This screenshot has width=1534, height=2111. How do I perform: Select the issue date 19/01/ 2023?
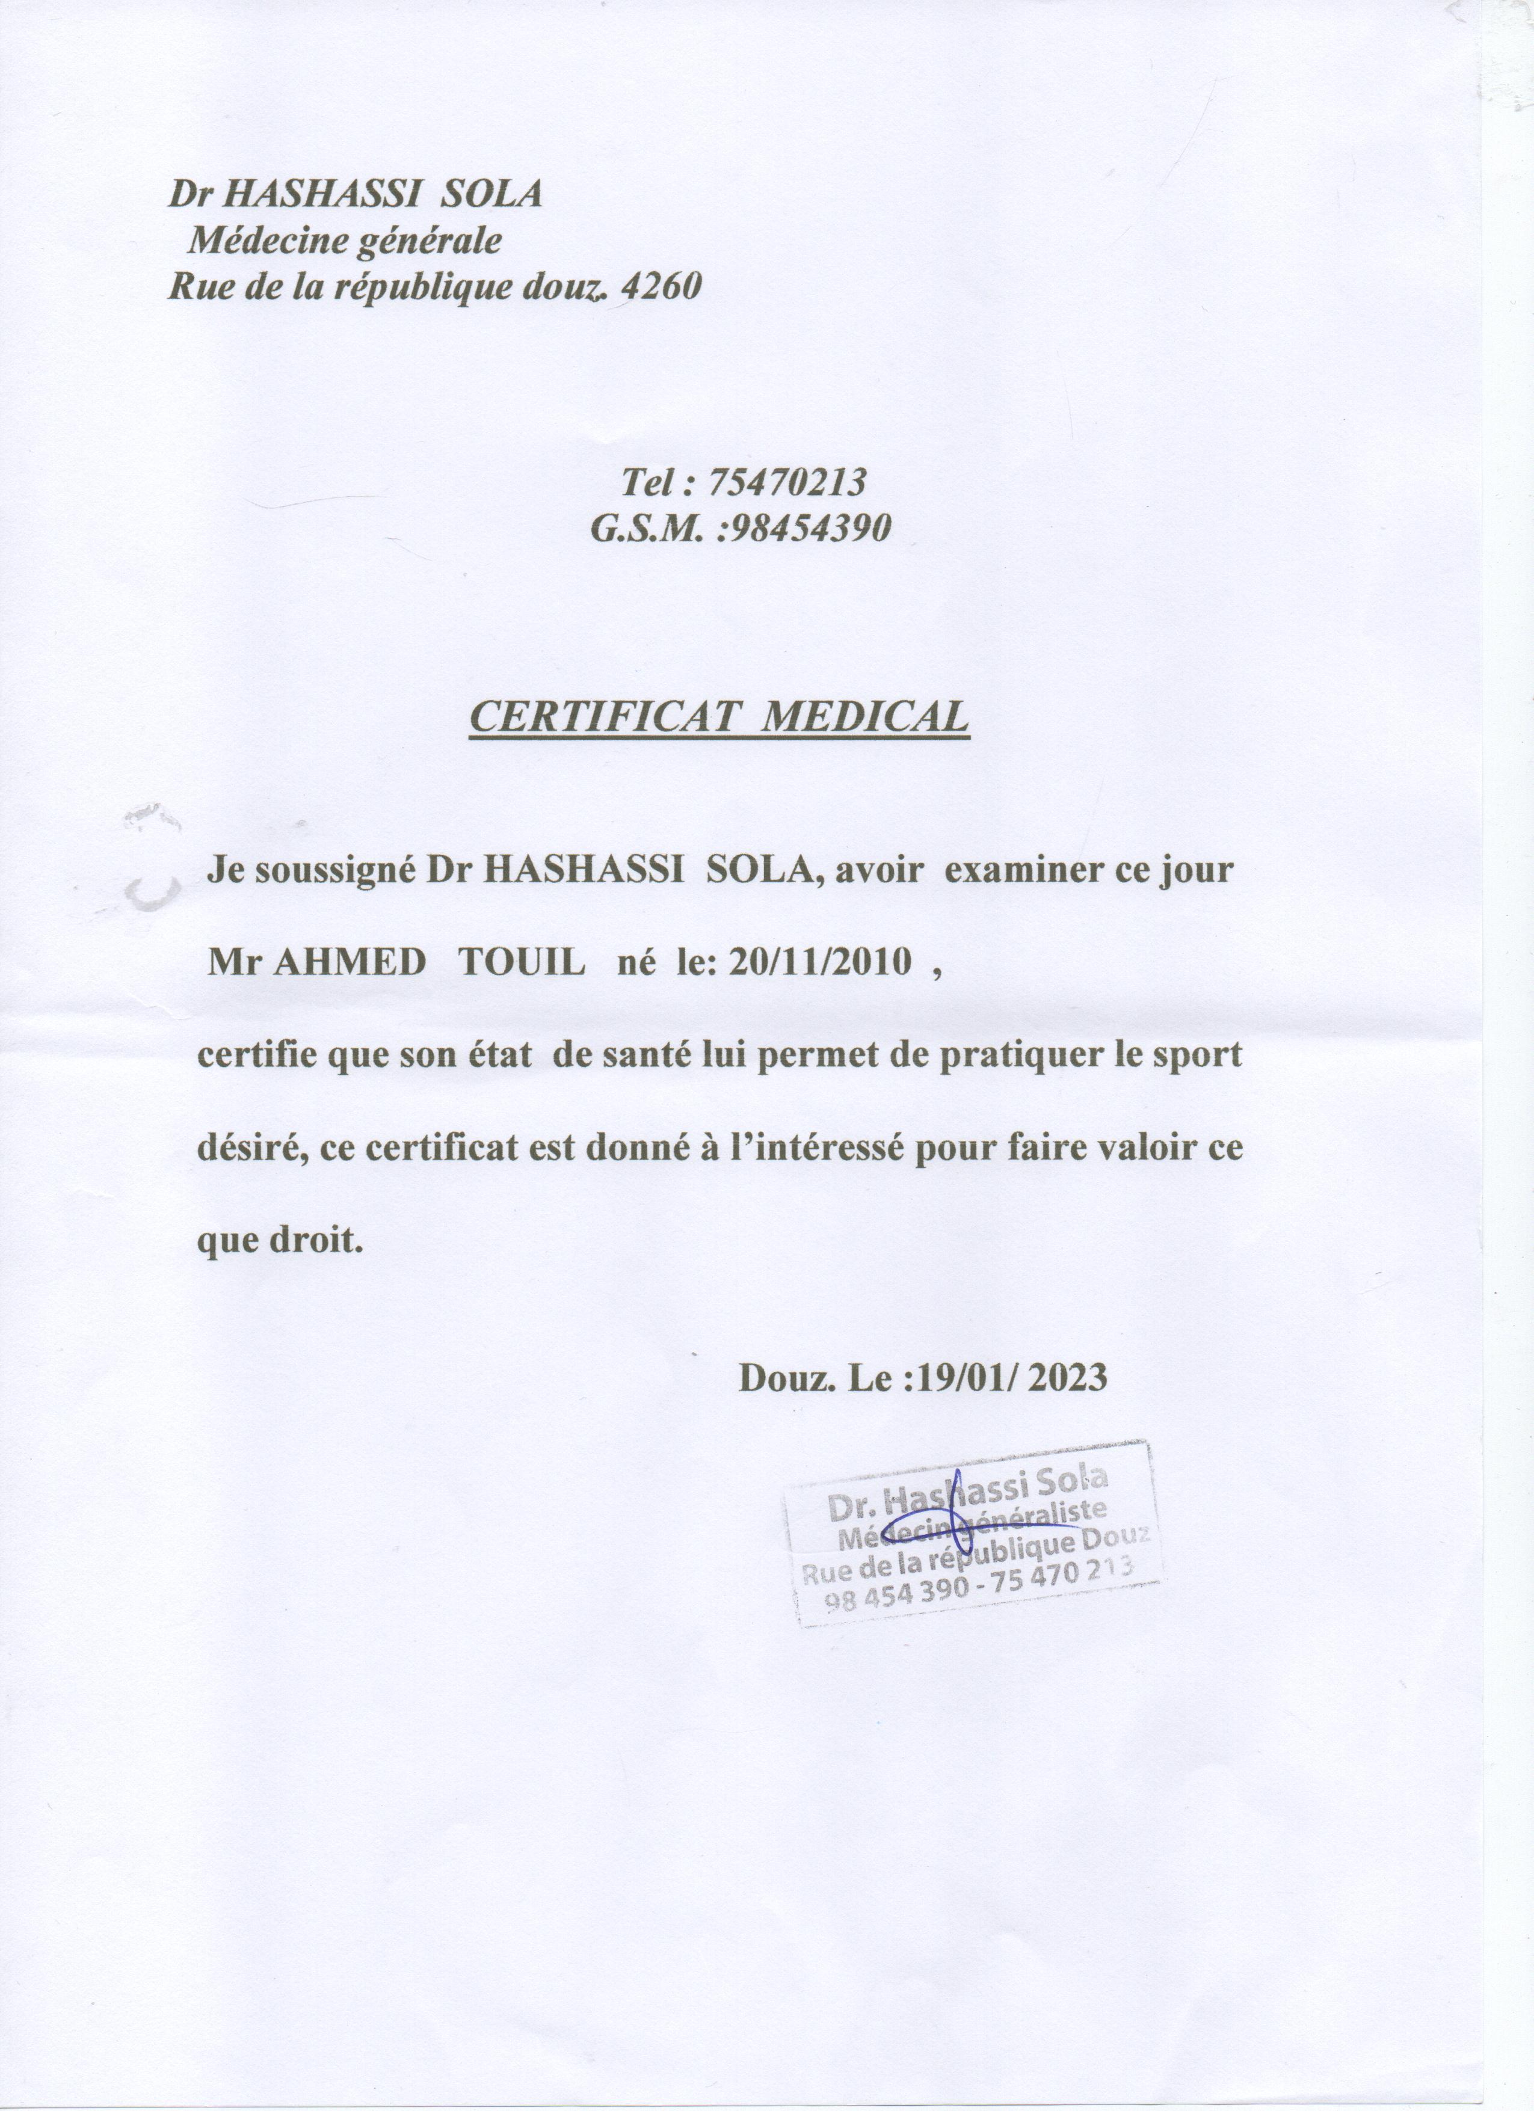pos(1012,1377)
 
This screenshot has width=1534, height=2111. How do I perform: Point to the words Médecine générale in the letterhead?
pos(345,241)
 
